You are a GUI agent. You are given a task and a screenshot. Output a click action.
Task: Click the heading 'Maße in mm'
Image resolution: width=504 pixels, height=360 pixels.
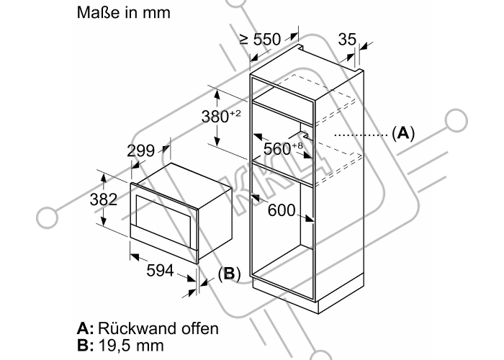[x=123, y=12]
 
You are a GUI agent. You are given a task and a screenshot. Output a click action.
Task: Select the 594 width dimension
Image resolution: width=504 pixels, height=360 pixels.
[x=160, y=270]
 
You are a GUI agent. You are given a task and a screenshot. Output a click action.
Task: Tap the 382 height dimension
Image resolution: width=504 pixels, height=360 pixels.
[x=103, y=199]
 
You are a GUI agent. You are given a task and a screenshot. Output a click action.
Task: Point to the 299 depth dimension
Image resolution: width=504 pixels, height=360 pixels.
[x=140, y=150]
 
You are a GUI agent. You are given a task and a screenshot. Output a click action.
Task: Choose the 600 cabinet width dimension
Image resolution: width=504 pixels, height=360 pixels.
[x=282, y=210]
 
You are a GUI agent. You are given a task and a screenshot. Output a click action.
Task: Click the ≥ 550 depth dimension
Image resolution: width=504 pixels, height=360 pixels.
[x=260, y=39]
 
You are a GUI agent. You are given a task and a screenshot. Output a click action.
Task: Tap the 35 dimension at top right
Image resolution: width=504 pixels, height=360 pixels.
[x=347, y=39]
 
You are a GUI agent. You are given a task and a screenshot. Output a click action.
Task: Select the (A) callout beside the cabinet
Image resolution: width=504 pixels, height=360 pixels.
[x=403, y=132]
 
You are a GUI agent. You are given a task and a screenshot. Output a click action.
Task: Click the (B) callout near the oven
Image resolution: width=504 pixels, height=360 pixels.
[x=229, y=274]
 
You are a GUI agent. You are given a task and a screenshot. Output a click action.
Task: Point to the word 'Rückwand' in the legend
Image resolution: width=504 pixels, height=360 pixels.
[x=138, y=328]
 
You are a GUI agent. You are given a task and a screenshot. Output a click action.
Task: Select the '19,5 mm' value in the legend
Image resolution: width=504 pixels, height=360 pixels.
[x=131, y=346]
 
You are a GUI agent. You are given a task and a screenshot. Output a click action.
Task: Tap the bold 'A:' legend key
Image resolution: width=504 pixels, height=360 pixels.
[x=85, y=328]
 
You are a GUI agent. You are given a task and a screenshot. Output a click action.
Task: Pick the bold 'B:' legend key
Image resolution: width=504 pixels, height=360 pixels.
[x=85, y=346]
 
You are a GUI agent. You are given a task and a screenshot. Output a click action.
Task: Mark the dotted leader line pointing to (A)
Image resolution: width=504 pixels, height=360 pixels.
[x=361, y=135]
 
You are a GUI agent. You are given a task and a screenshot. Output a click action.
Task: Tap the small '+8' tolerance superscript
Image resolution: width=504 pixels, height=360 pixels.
[x=297, y=145]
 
